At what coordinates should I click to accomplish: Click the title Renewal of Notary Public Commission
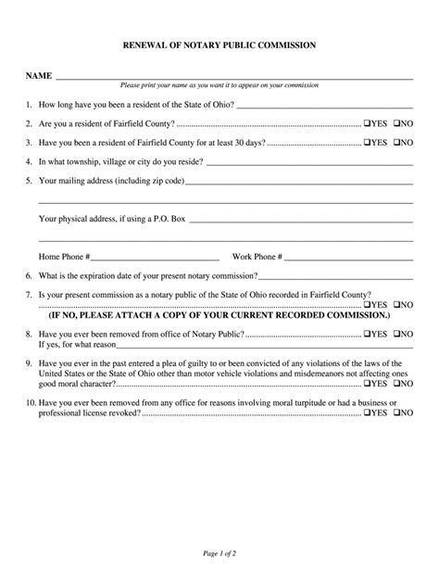(219, 44)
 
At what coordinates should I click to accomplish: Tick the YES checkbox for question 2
(368, 123)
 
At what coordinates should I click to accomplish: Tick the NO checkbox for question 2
(396, 123)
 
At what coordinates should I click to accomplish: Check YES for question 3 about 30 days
(368, 143)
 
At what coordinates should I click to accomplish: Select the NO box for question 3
(396, 143)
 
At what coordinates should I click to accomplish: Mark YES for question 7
(368, 304)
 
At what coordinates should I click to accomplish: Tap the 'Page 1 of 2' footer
(219, 553)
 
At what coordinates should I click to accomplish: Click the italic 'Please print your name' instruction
(219, 85)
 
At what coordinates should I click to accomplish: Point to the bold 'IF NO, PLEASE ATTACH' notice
(219, 315)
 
